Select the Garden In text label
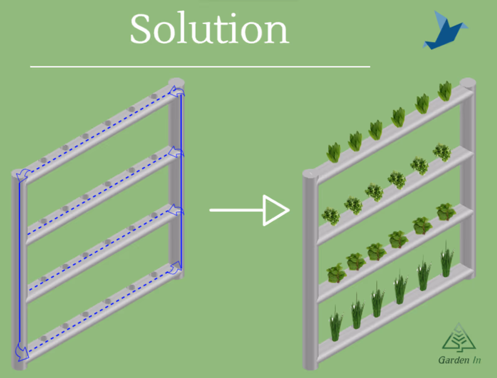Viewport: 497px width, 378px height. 459,360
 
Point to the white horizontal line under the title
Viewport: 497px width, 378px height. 200,67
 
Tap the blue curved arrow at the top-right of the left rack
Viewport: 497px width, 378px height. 177,92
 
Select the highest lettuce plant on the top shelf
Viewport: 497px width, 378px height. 445,91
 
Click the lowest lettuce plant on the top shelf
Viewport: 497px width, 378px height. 334,152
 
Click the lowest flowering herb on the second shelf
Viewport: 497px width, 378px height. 331,215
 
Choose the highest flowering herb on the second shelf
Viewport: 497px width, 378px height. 442,152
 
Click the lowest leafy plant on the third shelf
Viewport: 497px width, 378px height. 335,273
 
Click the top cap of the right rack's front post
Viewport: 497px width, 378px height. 310,174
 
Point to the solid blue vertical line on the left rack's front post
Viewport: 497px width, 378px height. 20,264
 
